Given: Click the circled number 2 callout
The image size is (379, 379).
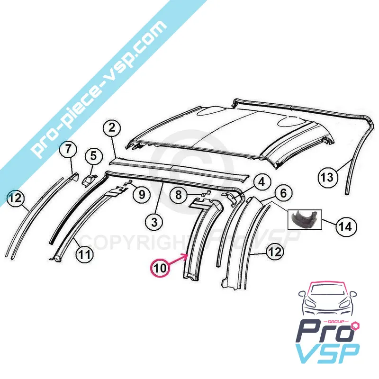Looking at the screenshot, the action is coord(112,127).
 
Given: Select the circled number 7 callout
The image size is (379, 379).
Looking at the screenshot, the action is coord(68,149).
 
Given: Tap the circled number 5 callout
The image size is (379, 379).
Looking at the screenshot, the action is coord(93,156).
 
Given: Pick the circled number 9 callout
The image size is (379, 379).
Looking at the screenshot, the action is coord(142,194).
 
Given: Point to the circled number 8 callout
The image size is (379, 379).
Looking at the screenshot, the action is coord(179,195).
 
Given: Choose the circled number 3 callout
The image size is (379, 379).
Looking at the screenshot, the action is coord(154,222).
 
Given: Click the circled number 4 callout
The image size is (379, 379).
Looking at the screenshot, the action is coord(262,182).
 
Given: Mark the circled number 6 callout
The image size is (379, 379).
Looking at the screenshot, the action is coord(283,193).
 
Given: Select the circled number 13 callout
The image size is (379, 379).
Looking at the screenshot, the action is coord(327,178).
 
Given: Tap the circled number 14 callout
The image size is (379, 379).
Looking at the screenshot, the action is coord(345,227).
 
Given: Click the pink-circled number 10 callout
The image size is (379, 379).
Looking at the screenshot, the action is coord(160,268).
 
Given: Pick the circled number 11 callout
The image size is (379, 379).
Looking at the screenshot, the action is coord(84,254).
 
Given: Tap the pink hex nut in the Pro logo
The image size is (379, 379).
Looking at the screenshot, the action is coord(356,325).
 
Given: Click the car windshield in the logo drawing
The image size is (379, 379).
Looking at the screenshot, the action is coord(326,290).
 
